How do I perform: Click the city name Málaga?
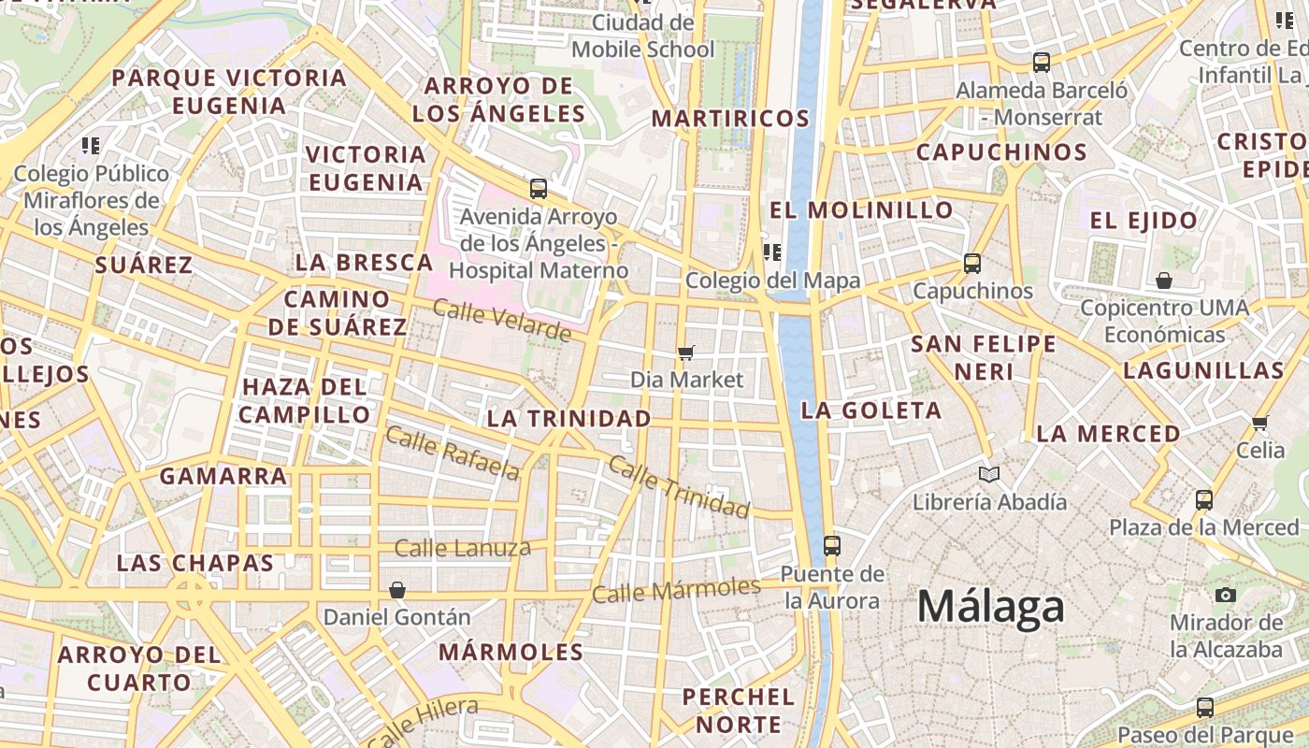pyautogui.click(x=990, y=608)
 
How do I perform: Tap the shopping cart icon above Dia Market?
pyautogui.click(x=686, y=352)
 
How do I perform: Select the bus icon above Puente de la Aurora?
pyautogui.click(x=831, y=545)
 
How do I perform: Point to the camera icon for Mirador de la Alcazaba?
pyautogui.click(x=1225, y=595)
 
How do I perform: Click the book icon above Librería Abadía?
pyautogui.click(x=988, y=474)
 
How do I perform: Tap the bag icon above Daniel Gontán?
pyautogui.click(x=397, y=590)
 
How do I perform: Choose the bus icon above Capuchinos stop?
pyautogui.click(x=972, y=264)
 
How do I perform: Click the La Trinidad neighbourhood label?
pyautogui.click(x=568, y=419)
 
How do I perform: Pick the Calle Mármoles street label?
pyautogui.click(x=676, y=590)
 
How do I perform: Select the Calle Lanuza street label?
pyautogui.click(x=462, y=548)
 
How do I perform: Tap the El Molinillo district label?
pyautogui.click(x=860, y=209)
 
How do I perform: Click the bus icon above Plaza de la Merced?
pyautogui.click(x=1204, y=499)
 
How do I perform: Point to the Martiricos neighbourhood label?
pyautogui.click(x=730, y=119)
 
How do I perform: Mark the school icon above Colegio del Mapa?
pyautogui.click(x=772, y=252)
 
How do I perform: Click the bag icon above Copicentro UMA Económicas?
pyautogui.click(x=1164, y=280)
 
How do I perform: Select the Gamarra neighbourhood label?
pyautogui.click(x=223, y=476)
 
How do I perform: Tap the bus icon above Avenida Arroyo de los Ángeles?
pyautogui.click(x=538, y=189)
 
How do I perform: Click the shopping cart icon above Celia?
pyautogui.click(x=1260, y=423)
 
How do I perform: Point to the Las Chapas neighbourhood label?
pyautogui.click(x=195, y=564)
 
